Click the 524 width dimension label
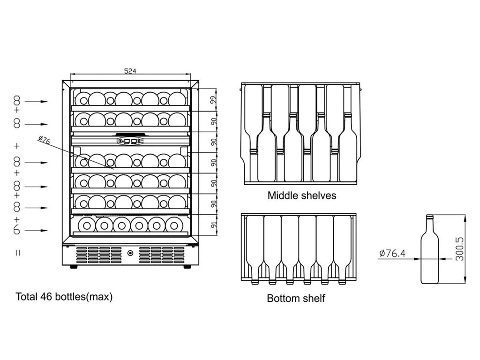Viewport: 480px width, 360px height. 130,71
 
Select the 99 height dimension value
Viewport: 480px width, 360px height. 212,100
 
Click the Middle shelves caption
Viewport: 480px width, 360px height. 301,195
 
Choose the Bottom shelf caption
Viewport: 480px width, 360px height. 296,298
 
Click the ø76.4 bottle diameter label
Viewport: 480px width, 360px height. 392,254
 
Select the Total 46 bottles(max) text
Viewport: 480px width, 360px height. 64,297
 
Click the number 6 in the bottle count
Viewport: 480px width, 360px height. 17,231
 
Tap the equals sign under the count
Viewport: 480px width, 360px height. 17,253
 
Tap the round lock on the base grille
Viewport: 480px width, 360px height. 130,254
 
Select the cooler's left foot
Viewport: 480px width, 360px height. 74,267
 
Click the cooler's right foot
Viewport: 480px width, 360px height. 187,267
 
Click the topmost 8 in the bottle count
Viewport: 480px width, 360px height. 17,101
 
